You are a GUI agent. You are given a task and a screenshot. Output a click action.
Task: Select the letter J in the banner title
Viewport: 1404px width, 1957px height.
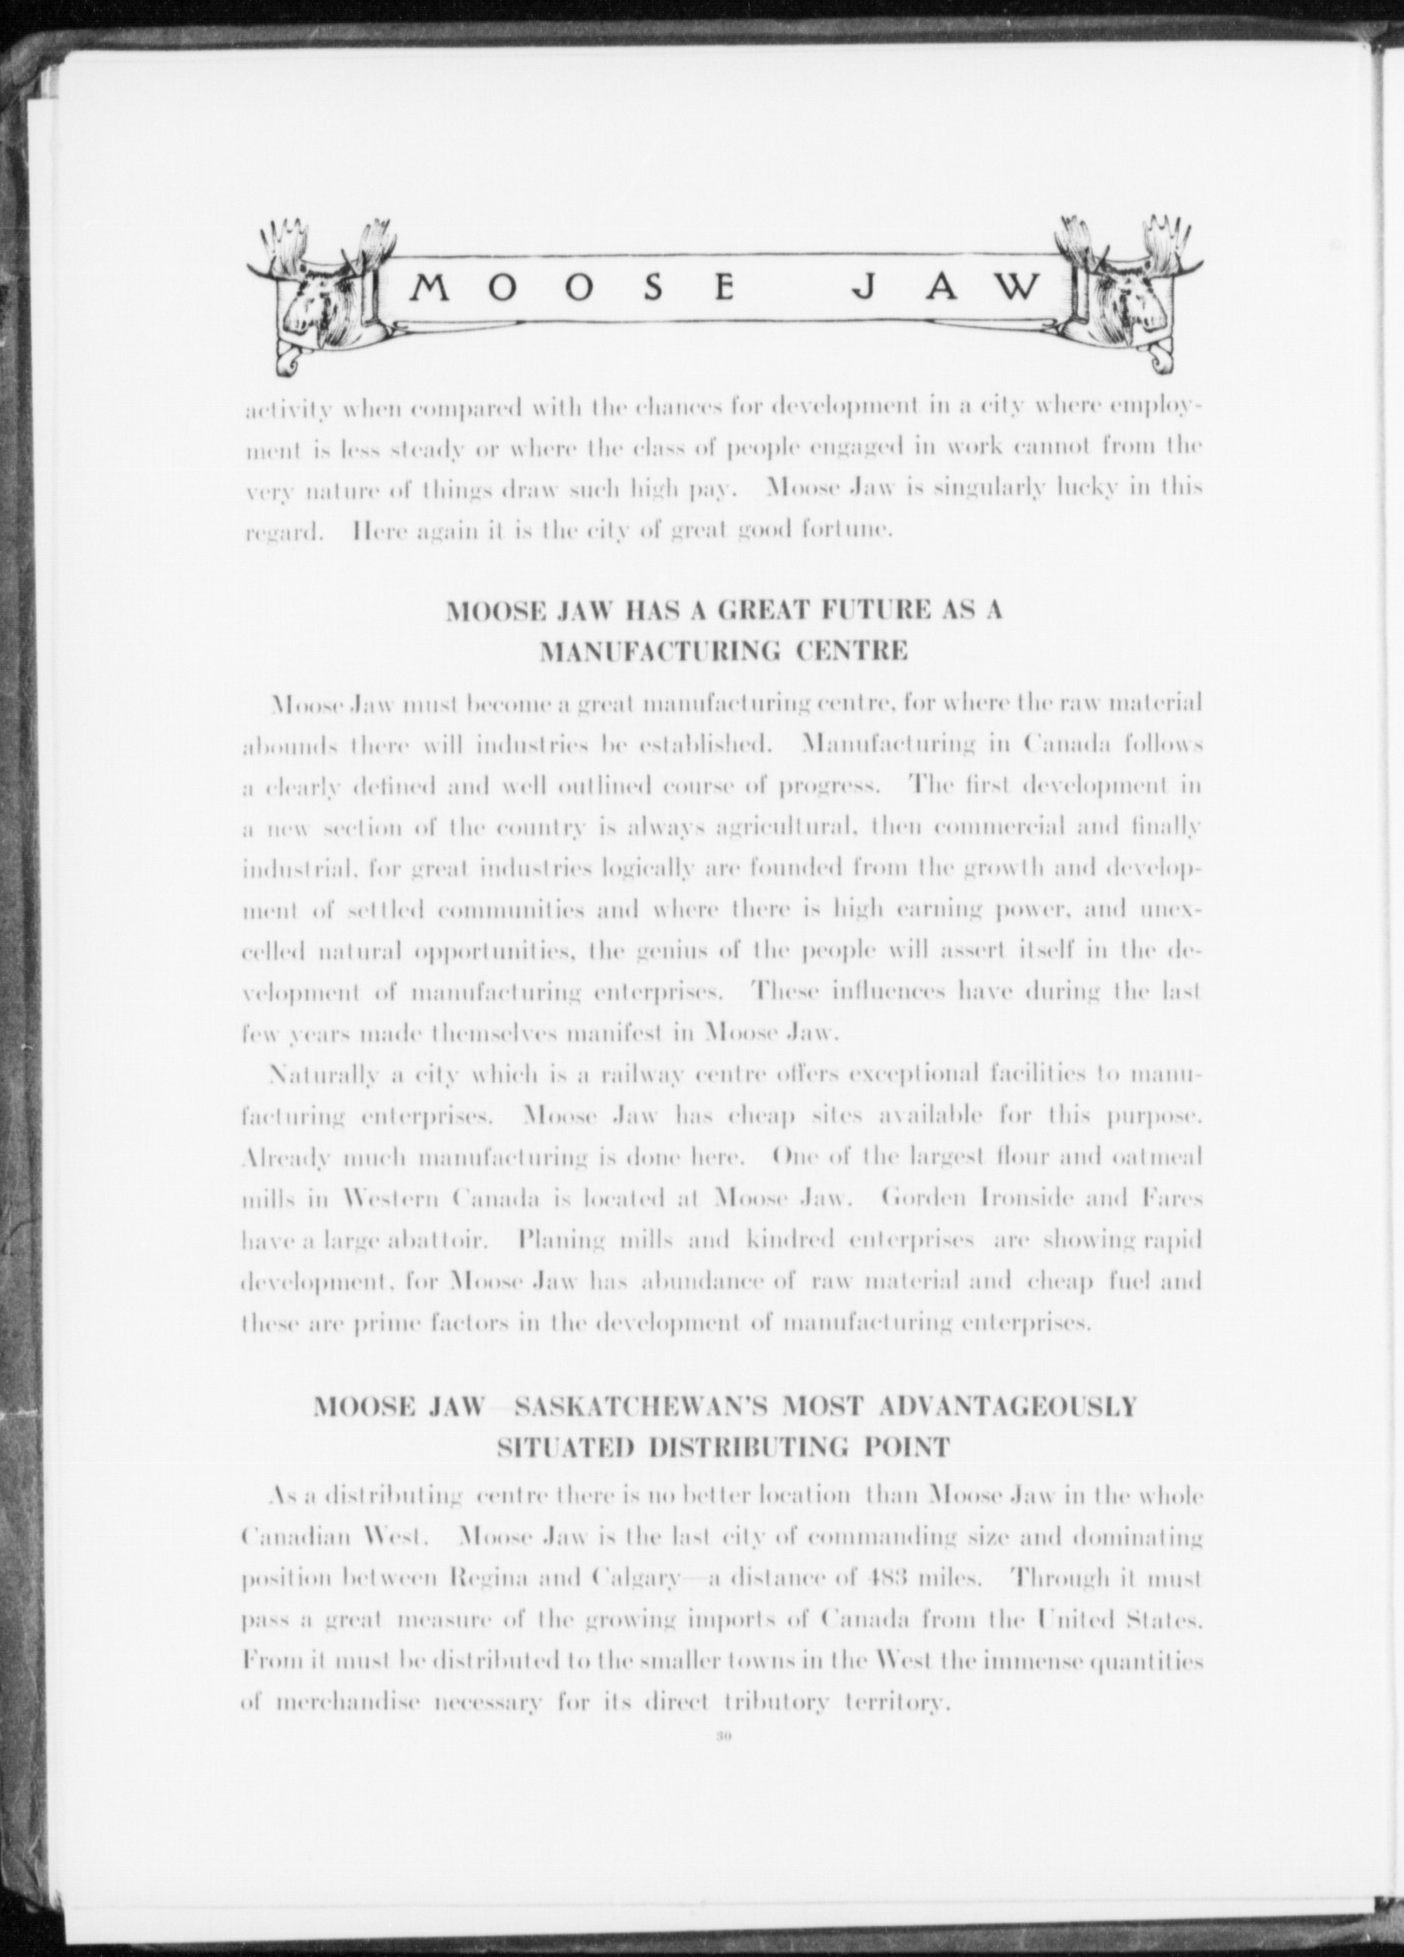tap(870, 286)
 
